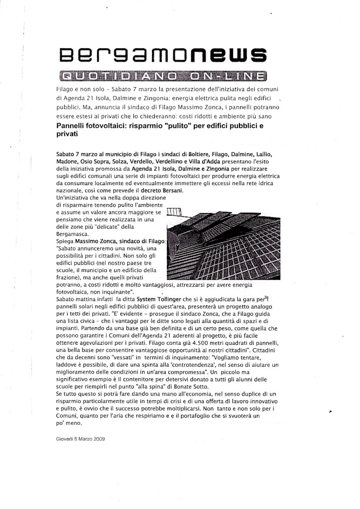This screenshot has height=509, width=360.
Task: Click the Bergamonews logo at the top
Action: click(160, 54)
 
